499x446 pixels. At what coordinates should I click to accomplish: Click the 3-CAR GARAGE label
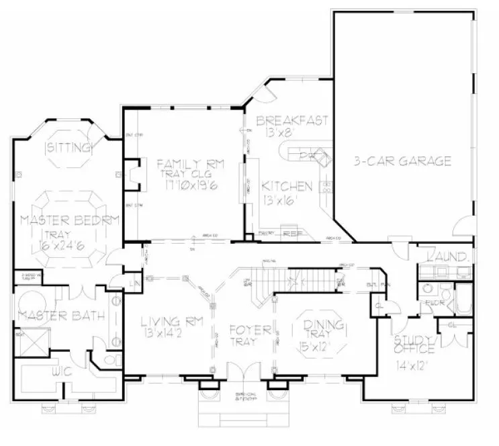point(402,161)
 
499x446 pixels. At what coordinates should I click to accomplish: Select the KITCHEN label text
point(287,185)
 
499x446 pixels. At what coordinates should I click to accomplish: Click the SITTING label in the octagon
point(66,146)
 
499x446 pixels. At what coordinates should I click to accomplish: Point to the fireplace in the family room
point(134,173)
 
